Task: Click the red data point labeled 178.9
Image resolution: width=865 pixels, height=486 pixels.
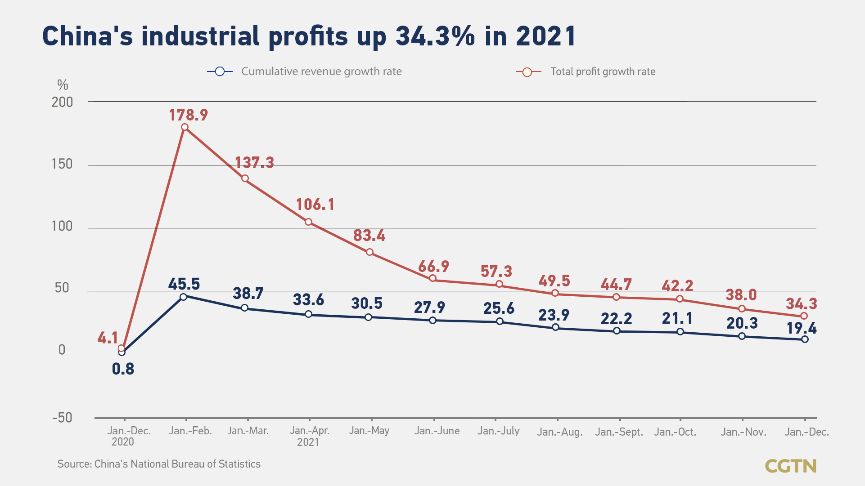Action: point(185,127)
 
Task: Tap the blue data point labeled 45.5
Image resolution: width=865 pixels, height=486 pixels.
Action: point(183,297)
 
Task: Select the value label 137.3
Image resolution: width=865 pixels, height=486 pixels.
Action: point(254,162)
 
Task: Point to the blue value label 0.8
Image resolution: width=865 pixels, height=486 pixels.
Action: point(123,369)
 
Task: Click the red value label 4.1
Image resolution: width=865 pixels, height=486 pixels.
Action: point(108,338)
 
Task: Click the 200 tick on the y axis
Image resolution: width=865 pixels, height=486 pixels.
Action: point(62,102)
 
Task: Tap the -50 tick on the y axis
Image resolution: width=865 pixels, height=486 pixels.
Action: point(62,418)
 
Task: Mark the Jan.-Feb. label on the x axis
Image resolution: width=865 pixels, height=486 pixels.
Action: point(190,431)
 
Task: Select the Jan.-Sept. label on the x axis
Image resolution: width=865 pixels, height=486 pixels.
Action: point(619,432)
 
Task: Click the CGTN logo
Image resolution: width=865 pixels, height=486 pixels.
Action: point(790,466)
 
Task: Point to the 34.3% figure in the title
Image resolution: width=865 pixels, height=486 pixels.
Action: point(435,36)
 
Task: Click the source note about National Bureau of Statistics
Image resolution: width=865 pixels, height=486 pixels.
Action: point(159,464)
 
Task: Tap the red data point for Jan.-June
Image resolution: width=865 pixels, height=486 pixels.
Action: point(432,278)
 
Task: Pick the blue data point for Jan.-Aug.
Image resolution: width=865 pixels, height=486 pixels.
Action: point(555,327)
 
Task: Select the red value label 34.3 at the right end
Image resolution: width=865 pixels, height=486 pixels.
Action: point(801,304)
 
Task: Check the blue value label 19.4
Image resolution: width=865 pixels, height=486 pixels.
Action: point(801,328)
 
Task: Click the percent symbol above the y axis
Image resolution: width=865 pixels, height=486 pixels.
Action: point(63,85)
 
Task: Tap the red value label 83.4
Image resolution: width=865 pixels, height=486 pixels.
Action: point(369,236)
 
